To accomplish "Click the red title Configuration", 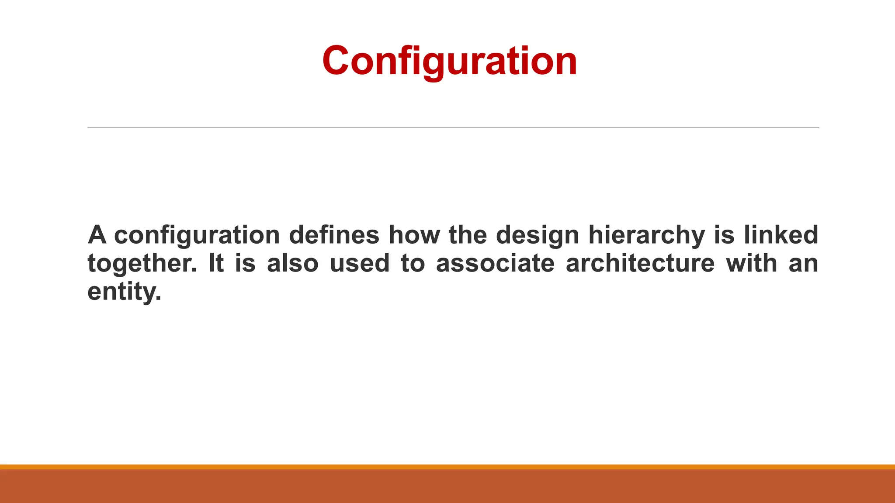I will click(x=449, y=61).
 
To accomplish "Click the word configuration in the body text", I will click(x=197, y=235).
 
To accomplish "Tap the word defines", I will click(x=334, y=235).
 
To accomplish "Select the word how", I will click(x=413, y=235).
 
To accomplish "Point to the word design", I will click(x=537, y=235).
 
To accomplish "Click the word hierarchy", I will click(x=646, y=235).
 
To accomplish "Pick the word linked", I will click(x=781, y=235).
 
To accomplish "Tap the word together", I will click(x=142, y=264).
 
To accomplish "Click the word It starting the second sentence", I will click(x=216, y=264).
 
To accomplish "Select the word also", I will click(x=293, y=264).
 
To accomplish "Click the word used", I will click(x=359, y=264).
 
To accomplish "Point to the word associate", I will click(x=495, y=264).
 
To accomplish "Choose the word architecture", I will click(x=640, y=264).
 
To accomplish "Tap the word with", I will click(x=751, y=264).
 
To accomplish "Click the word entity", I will click(x=124, y=292).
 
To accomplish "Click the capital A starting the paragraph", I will click(x=97, y=235).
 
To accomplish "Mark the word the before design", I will click(x=467, y=235).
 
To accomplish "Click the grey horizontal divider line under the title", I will click(x=453, y=127).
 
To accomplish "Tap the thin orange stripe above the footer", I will click(x=447, y=467).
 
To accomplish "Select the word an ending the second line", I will click(x=803, y=264).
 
